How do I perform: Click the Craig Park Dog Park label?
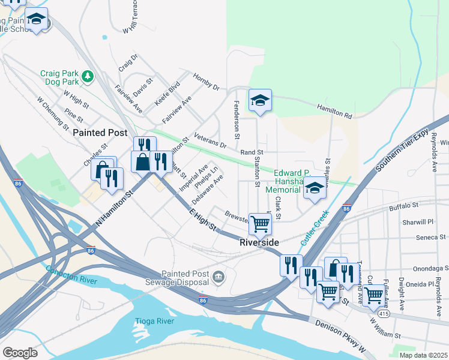[59, 77]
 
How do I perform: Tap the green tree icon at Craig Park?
[88, 76]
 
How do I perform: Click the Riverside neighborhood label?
[259, 242]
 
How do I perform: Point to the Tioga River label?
[154, 321]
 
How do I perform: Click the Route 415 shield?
[382, 313]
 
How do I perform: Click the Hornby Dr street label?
[206, 82]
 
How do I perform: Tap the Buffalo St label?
[403, 206]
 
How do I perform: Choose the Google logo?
[20, 353]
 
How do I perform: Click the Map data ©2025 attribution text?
[423, 355]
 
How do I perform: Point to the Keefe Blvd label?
[167, 94]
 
